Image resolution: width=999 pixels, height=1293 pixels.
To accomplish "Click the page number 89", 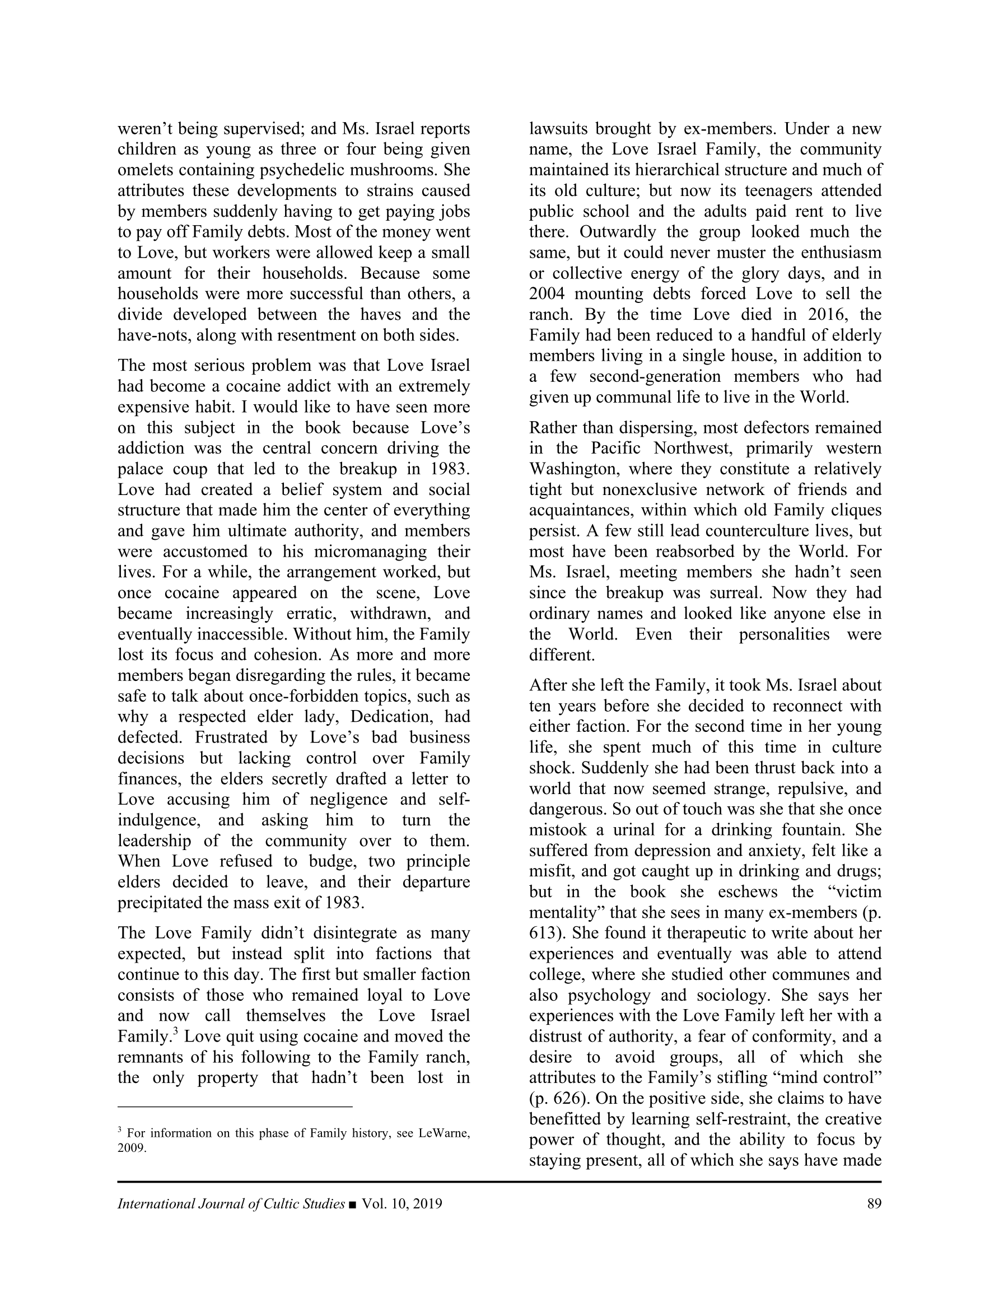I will [874, 1203].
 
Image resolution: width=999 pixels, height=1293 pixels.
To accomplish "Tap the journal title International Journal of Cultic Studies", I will [231, 1203].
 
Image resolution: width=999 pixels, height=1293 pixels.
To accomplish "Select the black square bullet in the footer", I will [353, 1204].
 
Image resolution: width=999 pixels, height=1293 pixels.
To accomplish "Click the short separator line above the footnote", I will [235, 1106].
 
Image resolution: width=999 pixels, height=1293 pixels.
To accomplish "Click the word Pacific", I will [617, 449].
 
